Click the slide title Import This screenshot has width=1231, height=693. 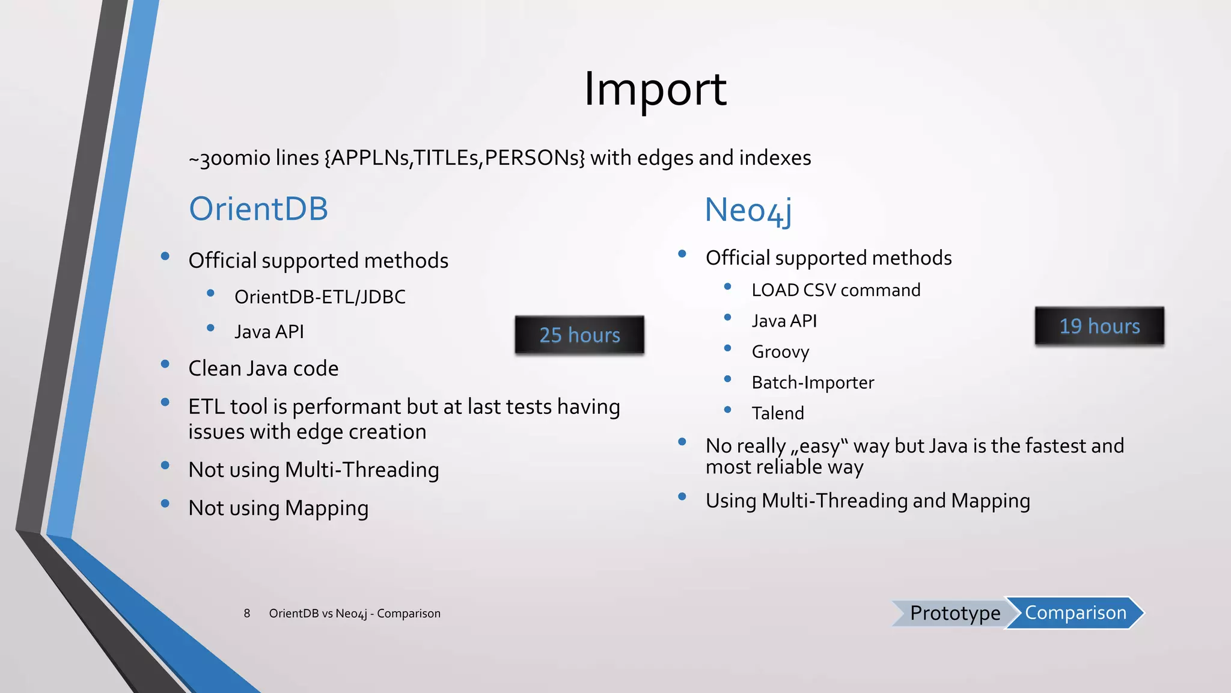click(655, 89)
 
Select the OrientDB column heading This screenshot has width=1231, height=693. click(258, 209)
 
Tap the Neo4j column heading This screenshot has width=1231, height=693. click(748, 211)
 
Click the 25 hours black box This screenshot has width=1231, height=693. click(579, 335)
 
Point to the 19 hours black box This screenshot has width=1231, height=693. click(1099, 326)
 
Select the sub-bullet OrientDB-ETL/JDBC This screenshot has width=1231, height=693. click(320, 297)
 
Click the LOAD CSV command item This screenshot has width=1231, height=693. click(835, 291)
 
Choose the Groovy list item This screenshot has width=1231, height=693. click(780, 352)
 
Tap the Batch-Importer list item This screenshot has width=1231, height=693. click(813, 383)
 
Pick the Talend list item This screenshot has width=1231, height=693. click(778, 413)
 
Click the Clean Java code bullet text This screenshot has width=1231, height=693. click(263, 369)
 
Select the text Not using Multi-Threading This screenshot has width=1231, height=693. click(313, 470)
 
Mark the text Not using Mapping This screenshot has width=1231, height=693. click(278, 508)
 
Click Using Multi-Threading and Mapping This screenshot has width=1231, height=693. click(867, 501)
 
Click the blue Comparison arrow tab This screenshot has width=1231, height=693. click(1075, 613)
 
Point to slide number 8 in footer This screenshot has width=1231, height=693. click(247, 614)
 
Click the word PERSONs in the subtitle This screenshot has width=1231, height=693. click(534, 158)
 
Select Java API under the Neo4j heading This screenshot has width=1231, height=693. click(784, 321)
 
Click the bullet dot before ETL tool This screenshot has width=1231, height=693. click(165, 403)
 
